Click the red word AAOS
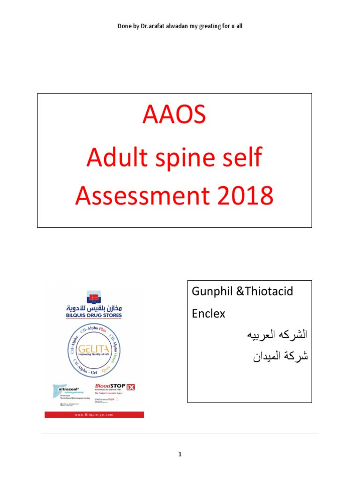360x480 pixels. (174, 116)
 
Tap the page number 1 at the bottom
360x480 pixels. (180, 454)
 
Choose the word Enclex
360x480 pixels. (209, 314)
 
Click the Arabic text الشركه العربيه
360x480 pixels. (277, 335)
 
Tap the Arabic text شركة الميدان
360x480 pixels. (280, 357)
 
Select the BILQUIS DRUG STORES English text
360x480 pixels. (94, 315)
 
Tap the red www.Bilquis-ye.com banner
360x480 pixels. (94, 415)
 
